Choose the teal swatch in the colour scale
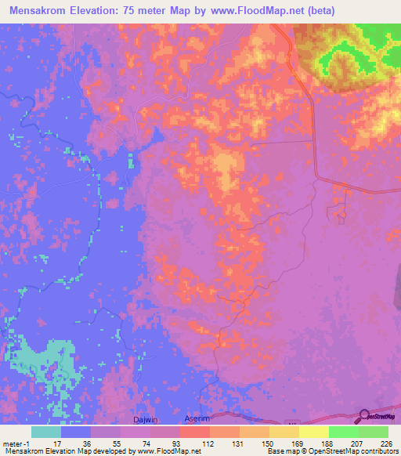pyautogui.click(x=46, y=432)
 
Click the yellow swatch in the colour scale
pyautogui.click(x=314, y=432)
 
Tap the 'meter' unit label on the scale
pyautogui.click(x=13, y=443)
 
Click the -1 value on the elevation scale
pyautogui.click(x=27, y=443)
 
